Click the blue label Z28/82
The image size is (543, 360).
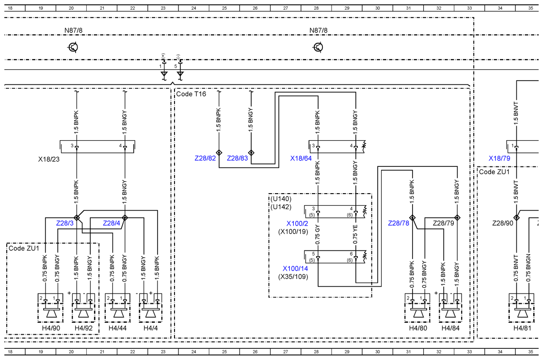coord(205,158)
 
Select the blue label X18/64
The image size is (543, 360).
coord(301,158)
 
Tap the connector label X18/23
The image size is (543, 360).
coord(49,160)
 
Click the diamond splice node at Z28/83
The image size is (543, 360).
coord(252,152)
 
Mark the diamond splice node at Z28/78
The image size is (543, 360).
coord(412,217)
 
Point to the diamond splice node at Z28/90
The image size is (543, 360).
coord(516,217)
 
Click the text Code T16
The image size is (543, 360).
coord(191,94)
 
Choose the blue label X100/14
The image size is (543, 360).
coord(295,268)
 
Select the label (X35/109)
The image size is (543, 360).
coord(293,277)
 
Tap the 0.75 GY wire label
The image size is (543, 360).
coord(318,235)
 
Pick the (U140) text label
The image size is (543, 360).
coord(281,199)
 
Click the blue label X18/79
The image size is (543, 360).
coord(499,158)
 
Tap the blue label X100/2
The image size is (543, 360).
coord(297,224)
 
